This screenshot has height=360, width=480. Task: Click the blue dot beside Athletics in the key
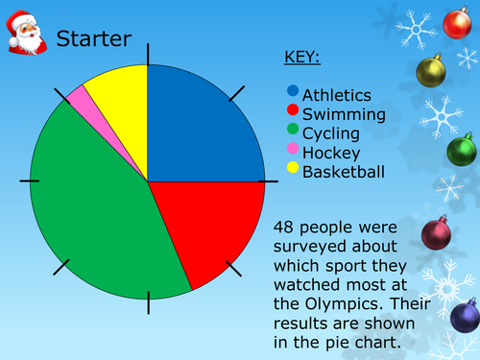(294, 92)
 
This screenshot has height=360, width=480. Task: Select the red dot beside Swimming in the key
(294, 111)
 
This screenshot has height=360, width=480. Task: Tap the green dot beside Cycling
(294, 132)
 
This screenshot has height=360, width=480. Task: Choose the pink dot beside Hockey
(294, 151)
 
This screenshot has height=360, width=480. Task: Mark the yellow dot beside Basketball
(294, 170)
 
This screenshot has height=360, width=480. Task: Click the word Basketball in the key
(344, 173)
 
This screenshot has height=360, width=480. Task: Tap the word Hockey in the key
(331, 154)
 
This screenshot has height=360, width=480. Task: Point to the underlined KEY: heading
(302, 57)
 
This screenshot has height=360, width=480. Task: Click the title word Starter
(94, 39)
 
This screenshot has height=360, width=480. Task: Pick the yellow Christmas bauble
(431, 70)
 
